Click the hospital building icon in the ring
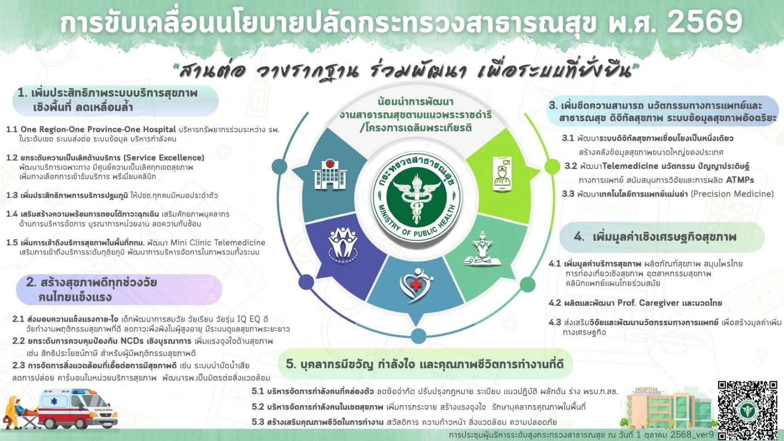tap(330, 174)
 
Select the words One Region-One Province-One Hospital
tap(98, 130)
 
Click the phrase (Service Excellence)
tap(164, 158)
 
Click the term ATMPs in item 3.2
tap(740, 180)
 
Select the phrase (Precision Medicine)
tap(733, 194)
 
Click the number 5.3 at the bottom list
tap(257, 422)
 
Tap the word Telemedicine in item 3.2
tap(630, 166)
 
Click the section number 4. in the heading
tap(579, 237)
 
